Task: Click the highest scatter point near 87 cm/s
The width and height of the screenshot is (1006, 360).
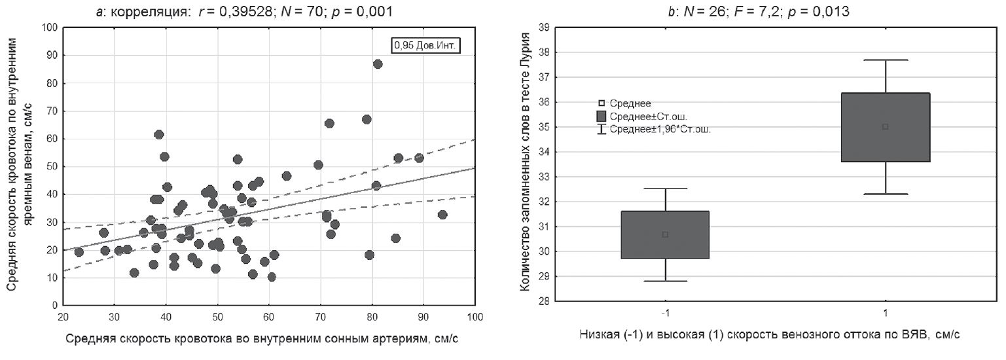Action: [x=378, y=63]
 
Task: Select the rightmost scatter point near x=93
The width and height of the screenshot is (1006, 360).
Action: [x=442, y=215]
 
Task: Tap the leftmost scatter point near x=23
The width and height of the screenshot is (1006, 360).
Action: [x=79, y=252]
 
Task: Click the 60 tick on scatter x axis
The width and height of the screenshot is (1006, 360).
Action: [x=269, y=317]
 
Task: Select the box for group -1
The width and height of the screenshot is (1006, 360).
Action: [x=666, y=235]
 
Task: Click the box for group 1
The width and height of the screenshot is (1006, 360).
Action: [x=885, y=127]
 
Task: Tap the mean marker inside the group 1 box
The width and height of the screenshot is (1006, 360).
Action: [x=885, y=126]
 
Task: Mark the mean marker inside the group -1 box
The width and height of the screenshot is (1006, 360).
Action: [x=666, y=234]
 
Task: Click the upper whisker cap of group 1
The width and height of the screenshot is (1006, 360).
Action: [x=885, y=60]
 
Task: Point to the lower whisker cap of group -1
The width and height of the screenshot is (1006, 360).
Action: [x=666, y=281]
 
